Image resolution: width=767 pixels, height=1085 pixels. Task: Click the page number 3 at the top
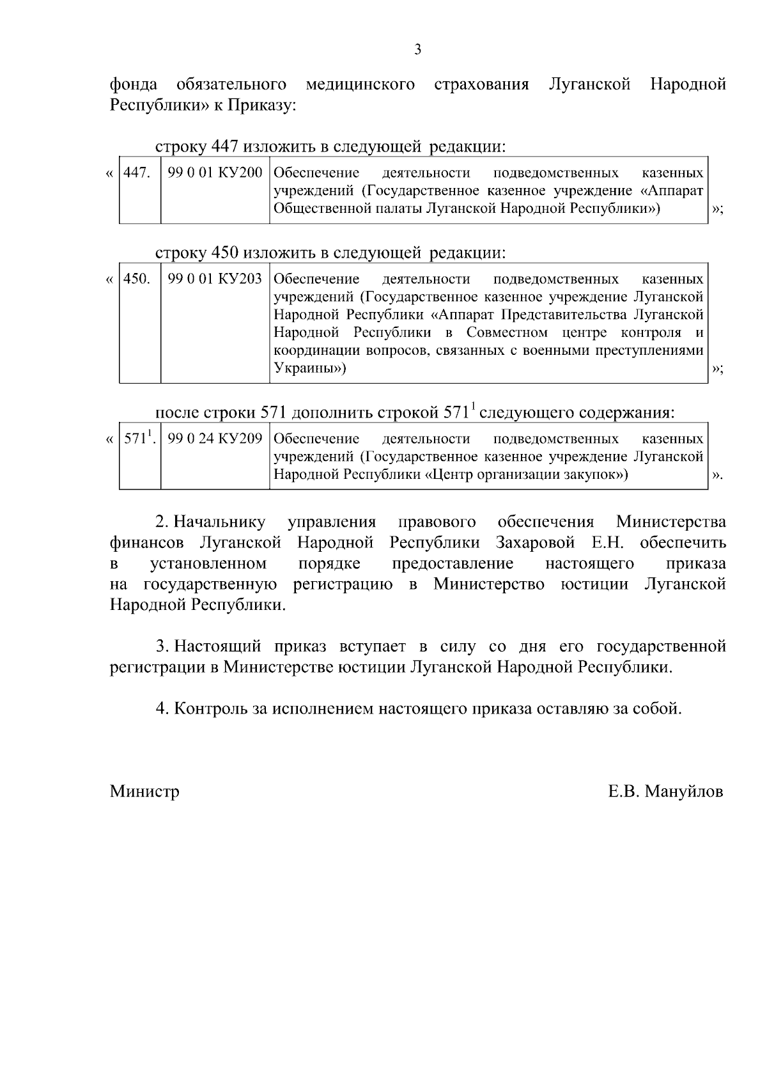417,50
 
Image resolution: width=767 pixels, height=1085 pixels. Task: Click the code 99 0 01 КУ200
215,173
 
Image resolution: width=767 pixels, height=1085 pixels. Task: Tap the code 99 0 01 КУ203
215,279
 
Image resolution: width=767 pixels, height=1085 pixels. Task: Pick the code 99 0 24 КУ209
215,439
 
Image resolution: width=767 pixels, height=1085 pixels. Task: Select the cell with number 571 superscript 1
139,439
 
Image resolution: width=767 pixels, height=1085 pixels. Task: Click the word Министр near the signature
144,792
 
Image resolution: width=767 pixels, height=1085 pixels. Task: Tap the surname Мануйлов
684,792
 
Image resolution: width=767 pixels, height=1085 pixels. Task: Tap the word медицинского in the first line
360,84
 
